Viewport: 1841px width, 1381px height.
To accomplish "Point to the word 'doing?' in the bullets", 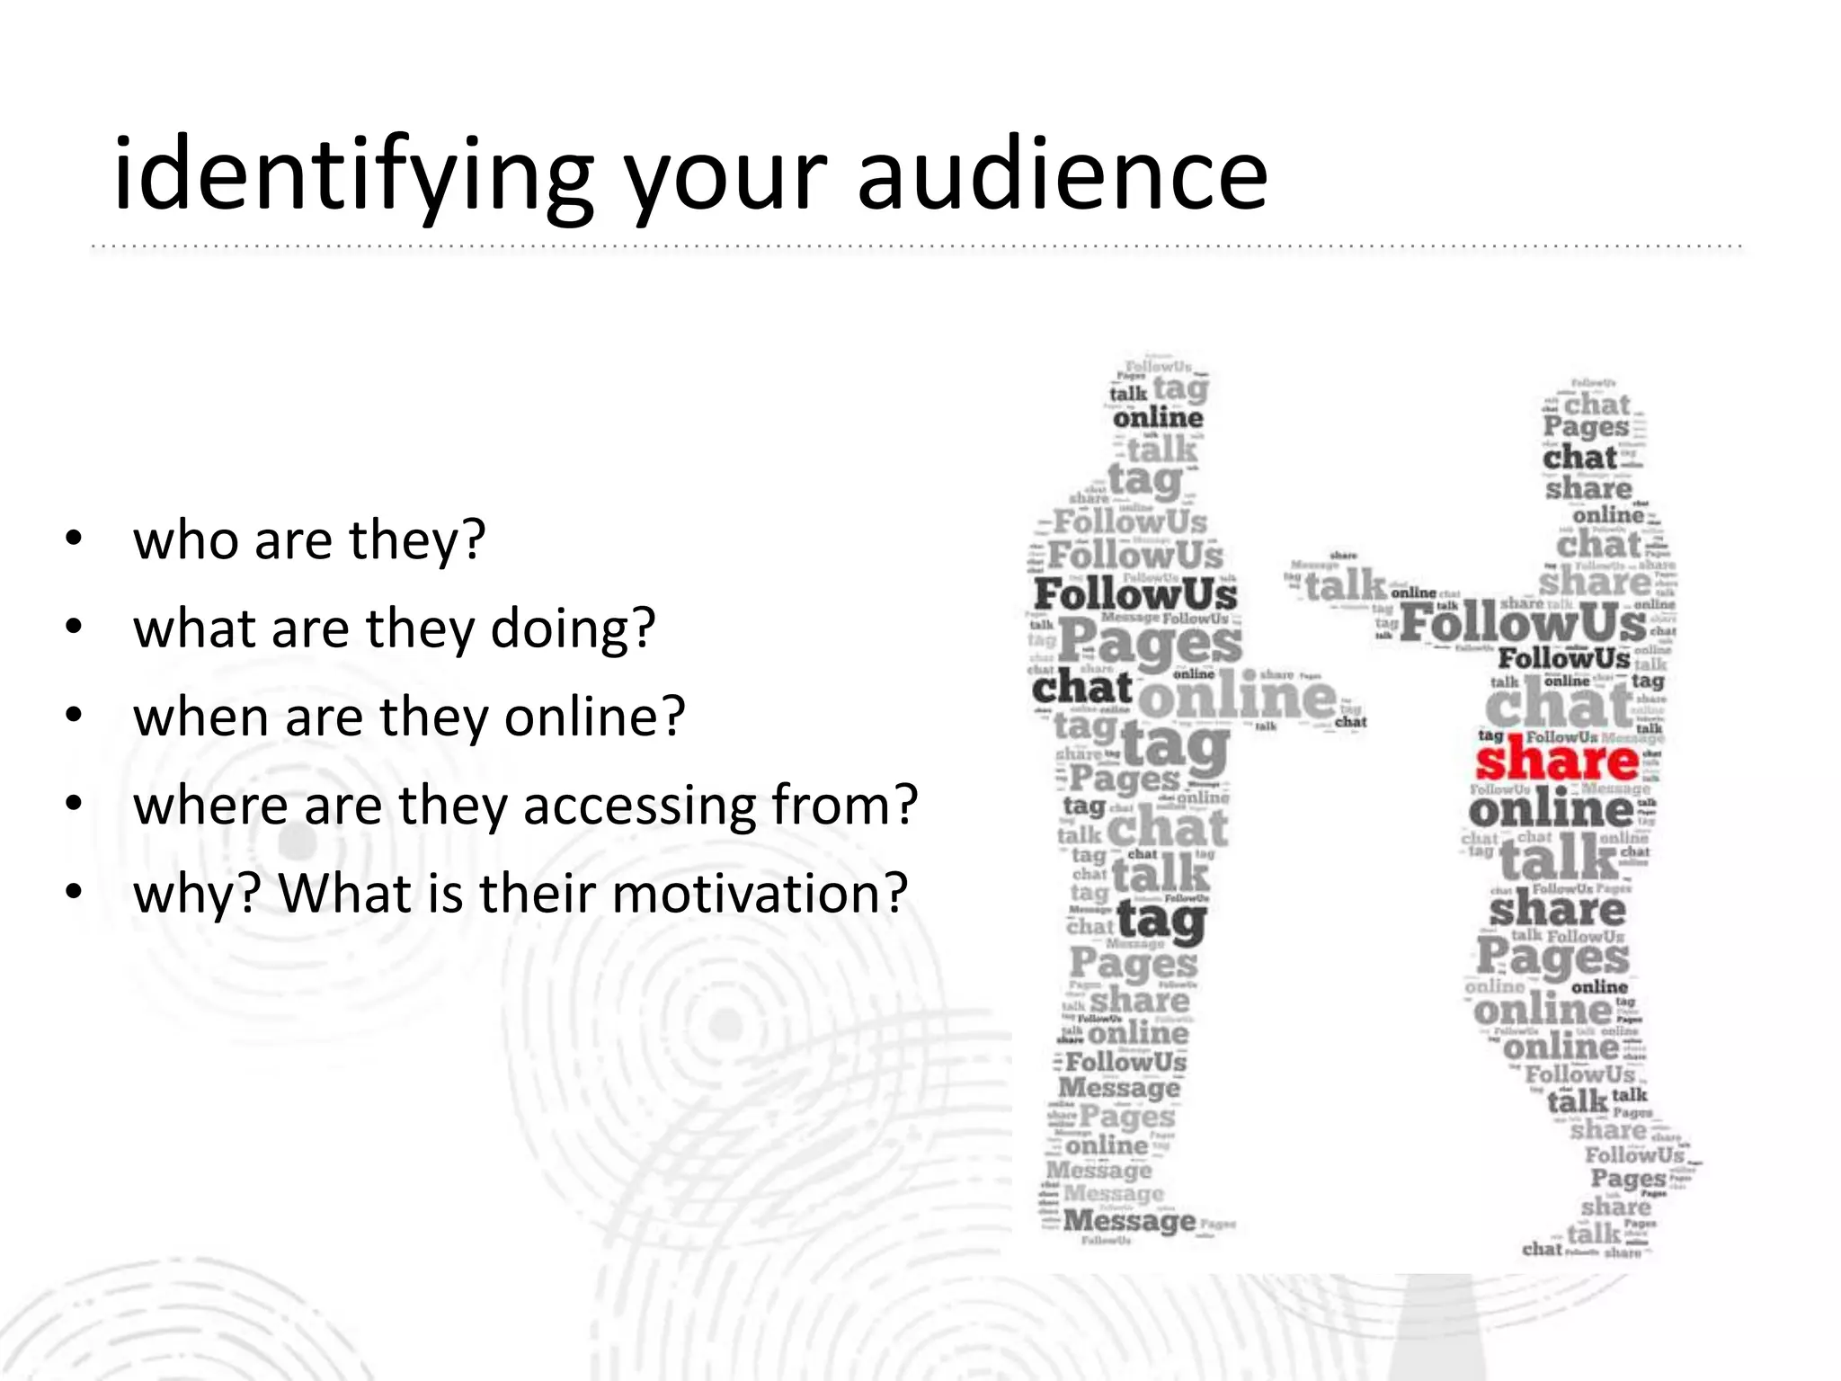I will coord(573,628).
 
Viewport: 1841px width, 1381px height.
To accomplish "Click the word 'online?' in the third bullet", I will coord(594,717).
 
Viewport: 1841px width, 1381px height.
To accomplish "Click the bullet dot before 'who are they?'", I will coord(74,539).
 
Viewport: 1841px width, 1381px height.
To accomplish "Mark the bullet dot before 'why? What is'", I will coord(74,893).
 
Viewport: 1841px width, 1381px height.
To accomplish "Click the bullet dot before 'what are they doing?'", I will coord(74,628).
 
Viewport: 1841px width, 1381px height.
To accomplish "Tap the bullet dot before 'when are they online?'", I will coord(74,717).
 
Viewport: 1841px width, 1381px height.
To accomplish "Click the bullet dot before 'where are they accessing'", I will coord(74,805).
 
